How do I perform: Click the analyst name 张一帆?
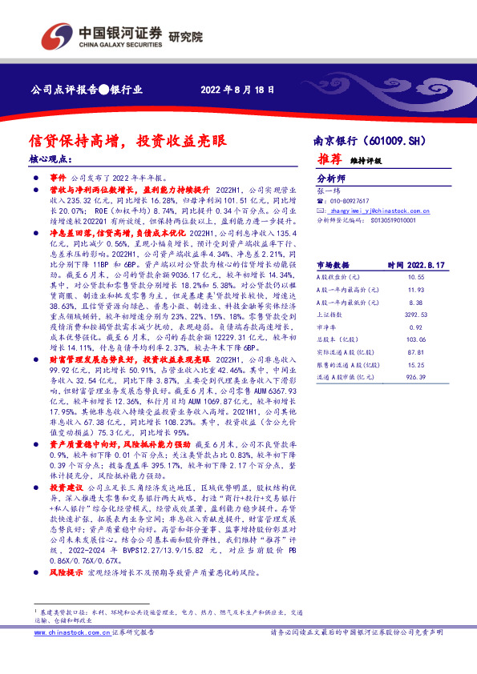tap(329, 191)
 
